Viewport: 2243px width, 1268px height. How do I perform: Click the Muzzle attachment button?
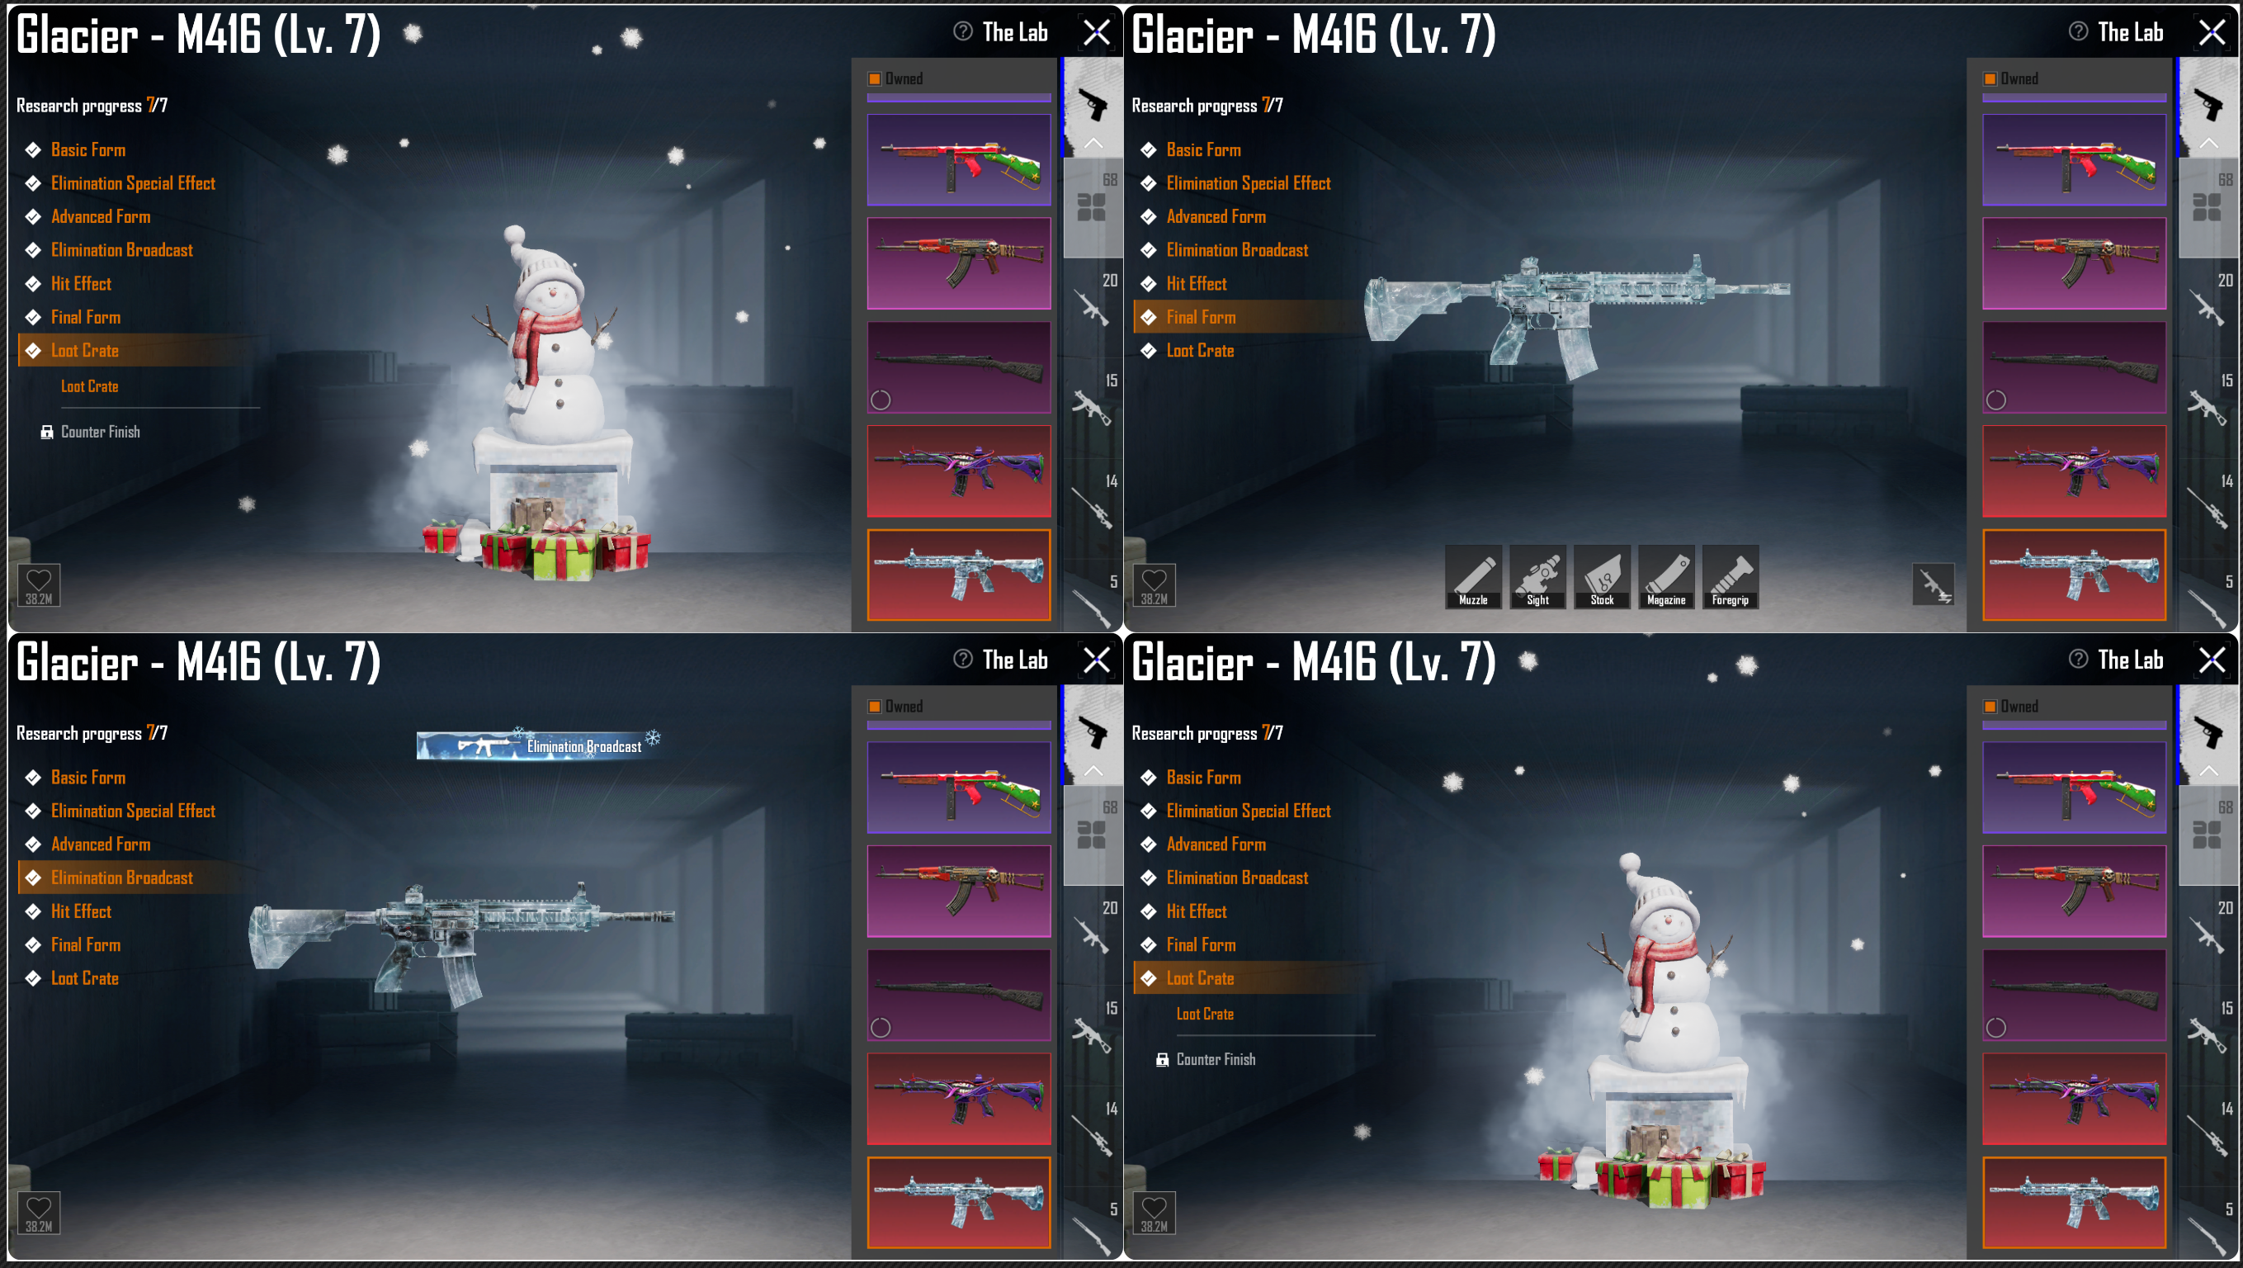(1473, 576)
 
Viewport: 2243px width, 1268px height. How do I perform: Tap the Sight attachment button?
(1537, 576)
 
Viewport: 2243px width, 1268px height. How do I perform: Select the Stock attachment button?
(1602, 576)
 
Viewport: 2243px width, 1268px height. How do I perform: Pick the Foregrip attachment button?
(1731, 576)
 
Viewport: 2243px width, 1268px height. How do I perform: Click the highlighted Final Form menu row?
(1249, 317)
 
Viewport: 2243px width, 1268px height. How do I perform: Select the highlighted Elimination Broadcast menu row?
(139, 878)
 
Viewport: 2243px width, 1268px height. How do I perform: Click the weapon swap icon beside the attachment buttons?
(1933, 584)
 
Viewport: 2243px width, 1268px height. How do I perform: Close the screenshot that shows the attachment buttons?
(2212, 33)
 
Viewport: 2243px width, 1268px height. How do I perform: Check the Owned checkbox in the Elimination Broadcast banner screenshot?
(874, 707)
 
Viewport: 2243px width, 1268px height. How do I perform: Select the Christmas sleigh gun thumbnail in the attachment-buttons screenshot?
(2074, 160)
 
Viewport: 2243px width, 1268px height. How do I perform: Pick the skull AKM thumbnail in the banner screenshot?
(959, 891)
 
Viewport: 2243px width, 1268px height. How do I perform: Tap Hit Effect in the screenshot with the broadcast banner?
(81, 911)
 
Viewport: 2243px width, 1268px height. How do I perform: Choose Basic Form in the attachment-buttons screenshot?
(1203, 149)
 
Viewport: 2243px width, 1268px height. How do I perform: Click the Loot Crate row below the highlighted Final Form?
(1200, 351)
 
